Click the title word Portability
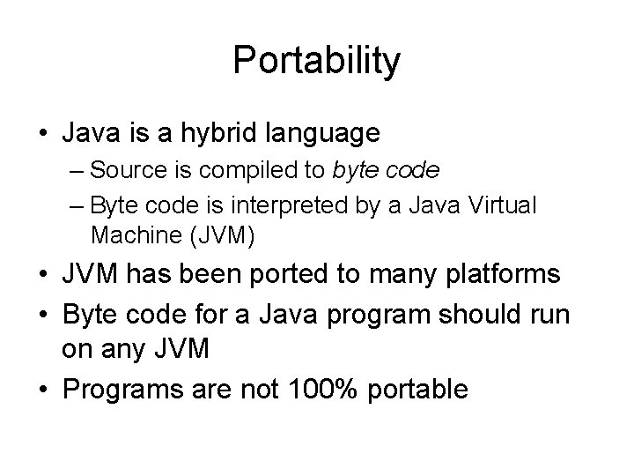point(317,61)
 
